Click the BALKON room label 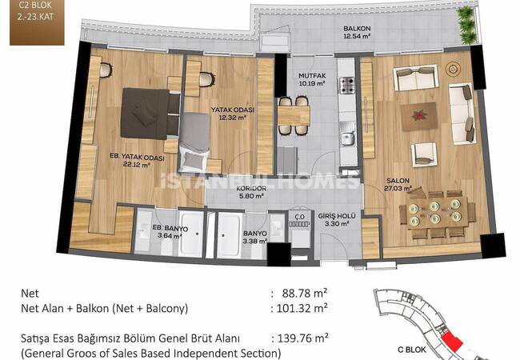(x=357, y=29)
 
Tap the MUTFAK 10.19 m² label (x=312, y=79)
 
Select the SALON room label (x=398, y=181)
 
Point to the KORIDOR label (x=251, y=188)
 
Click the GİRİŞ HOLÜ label (x=337, y=216)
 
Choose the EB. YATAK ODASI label (x=138, y=157)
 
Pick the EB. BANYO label (x=170, y=228)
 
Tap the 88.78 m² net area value (x=305, y=293)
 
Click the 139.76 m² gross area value (x=302, y=338)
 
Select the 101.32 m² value (x=302, y=308)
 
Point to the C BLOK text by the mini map (x=412, y=350)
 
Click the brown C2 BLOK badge (x=37, y=22)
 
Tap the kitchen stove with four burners (x=346, y=85)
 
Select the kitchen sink (x=347, y=138)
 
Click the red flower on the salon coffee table (x=418, y=116)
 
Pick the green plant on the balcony (x=468, y=25)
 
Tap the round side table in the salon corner (x=452, y=69)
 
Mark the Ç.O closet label (x=299, y=217)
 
